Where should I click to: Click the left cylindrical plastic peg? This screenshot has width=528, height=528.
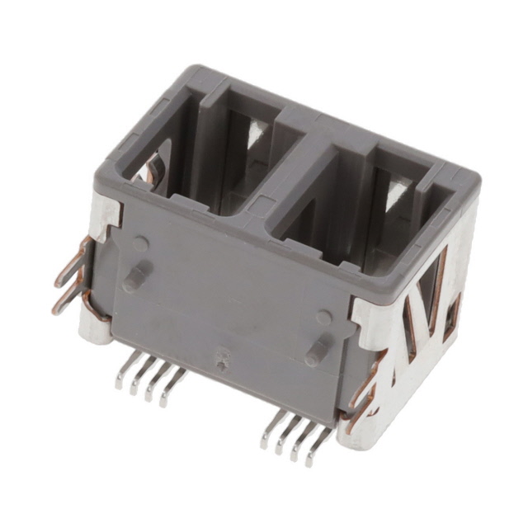coord(137,276)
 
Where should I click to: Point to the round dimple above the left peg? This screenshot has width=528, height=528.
coord(141,245)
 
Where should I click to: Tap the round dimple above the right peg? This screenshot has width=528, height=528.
coord(324,318)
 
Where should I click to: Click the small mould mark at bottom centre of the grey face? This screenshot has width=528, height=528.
coord(221,360)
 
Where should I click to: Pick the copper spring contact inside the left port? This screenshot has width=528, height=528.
coord(153,169)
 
